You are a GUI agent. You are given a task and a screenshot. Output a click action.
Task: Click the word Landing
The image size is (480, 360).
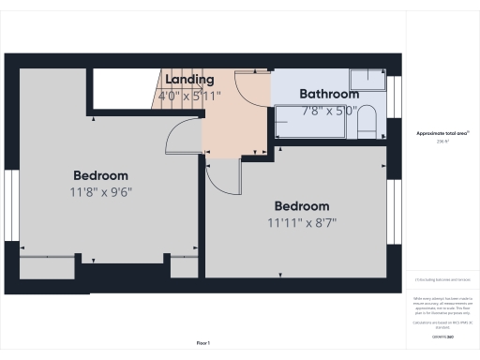point(191,80)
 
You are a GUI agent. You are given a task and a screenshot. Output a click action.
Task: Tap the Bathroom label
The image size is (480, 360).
point(328,94)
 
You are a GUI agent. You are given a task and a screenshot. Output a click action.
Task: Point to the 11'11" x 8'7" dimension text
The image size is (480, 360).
point(301,222)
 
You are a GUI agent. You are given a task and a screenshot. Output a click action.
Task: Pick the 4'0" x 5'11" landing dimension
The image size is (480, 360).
point(191,95)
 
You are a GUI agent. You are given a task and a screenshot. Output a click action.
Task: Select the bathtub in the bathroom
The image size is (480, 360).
point(314,122)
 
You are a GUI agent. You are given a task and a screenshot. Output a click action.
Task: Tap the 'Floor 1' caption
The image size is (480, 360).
point(202,343)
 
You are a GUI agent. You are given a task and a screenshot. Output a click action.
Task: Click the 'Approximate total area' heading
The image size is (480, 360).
point(442,133)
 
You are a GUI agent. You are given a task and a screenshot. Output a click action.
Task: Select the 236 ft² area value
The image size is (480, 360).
point(442,142)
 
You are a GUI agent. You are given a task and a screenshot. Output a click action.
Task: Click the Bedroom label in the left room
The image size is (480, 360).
point(100,175)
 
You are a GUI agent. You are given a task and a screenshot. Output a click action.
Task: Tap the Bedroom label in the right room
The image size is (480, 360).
point(301,206)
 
